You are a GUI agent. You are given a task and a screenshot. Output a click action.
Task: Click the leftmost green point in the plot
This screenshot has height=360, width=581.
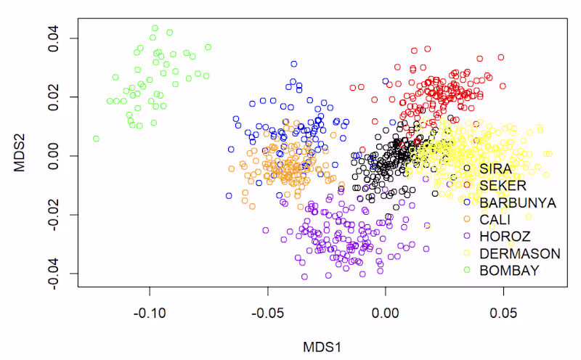[96, 139]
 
